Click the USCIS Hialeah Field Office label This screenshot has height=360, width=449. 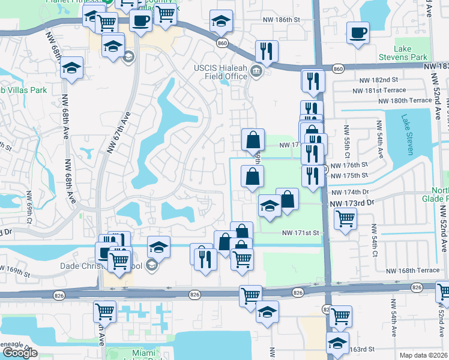(x=220, y=72)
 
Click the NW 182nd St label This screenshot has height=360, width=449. (x=379, y=80)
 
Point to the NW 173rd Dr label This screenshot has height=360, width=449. (x=352, y=204)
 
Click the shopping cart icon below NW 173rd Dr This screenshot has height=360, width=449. (x=345, y=219)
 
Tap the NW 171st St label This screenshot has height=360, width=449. (x=304, y=232)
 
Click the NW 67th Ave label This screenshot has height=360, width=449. (x=118, y=133)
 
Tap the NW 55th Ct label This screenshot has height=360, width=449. (x=346, y=139)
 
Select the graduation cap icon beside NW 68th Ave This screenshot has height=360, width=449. (x=72, y=68)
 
